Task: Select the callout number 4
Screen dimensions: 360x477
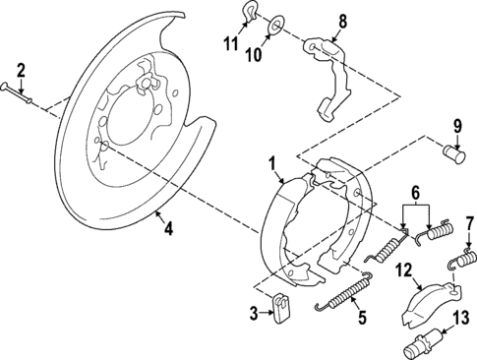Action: (168, 229)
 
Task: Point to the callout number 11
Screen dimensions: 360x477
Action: (232, 46)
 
